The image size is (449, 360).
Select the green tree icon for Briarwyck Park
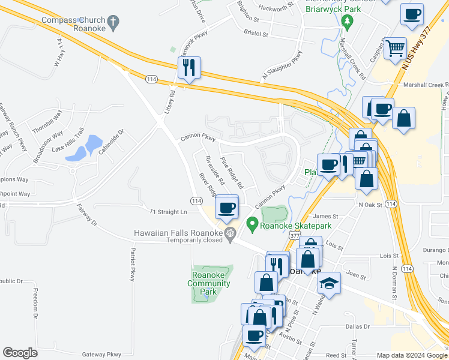[x=346, y=22]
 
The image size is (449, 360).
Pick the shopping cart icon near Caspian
[x=395, y=47]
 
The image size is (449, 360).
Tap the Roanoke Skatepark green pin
[x=253, y=226]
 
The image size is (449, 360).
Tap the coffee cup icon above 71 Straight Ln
[x=226, y=208]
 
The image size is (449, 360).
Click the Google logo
[x=20, y=353]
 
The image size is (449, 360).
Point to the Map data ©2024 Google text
[x=412, y=355]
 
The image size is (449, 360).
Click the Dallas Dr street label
[x=357, y=326]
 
